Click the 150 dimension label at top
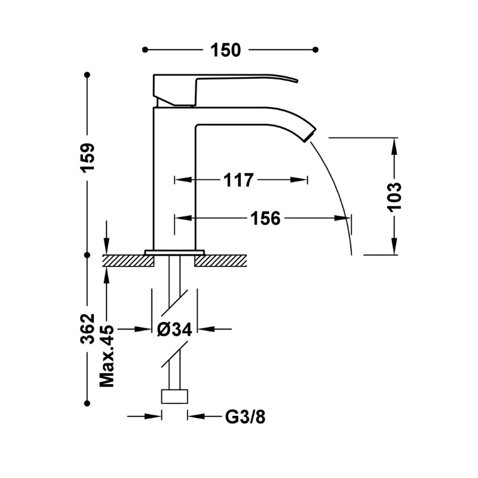pos(226,50)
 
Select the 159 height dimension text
pos(88,158)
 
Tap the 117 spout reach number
pos(238,180)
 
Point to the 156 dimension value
pos(265,218)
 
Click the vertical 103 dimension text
pos(394,197)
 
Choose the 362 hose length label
pos(88,329)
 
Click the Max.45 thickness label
pos(107,356)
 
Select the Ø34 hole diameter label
pos(174,329)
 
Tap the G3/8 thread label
pos(246,416)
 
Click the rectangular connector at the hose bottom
pos(174,396)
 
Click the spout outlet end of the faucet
pos(310,136)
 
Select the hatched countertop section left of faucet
pos(128,261)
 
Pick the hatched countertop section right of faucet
pos(220,261)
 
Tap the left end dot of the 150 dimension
pos(145,50)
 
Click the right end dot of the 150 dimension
pos(316,50)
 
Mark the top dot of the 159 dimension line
pos(87,75)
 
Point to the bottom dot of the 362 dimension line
pos(87,403)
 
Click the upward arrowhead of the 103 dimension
pos(394,146)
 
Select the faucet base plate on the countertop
pos(174,252)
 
